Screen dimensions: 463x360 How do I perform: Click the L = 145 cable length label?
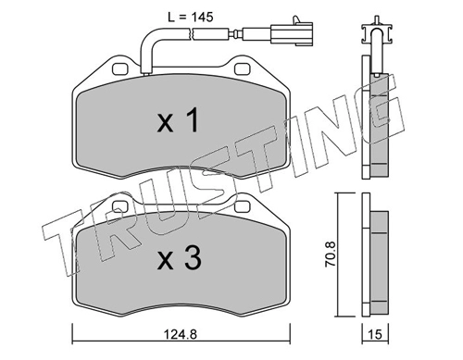191,18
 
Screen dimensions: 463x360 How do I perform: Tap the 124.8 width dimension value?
181,334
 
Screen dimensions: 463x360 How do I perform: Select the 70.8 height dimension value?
330,254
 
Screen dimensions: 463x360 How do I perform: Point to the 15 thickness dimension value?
375,334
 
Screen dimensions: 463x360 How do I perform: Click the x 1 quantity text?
178,121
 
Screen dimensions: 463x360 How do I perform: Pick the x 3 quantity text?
180,258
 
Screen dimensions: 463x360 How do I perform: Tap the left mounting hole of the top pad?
120,69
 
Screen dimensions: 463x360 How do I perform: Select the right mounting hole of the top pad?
242,69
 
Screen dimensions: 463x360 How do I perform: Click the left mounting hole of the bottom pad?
120,206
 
